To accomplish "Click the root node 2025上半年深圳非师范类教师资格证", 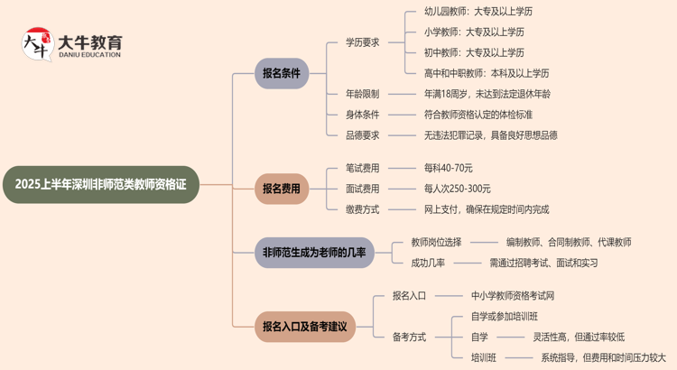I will point(100,184).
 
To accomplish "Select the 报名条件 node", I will point(282,73).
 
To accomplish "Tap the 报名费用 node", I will point(282,189).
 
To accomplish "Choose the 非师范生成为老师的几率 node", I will point(314,253).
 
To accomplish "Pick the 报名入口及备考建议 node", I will point(305,326).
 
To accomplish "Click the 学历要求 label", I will point(362,42).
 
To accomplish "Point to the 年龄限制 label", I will point(362,94).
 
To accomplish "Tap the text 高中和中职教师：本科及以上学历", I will point(487,73).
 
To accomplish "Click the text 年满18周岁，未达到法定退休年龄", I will point(487,94).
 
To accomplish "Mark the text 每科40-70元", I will point(449,168).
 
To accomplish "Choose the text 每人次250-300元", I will point(458,189).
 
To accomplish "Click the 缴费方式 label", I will point(362,209).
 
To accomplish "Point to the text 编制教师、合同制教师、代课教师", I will point(568,242).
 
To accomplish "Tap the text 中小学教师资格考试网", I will point(513,295).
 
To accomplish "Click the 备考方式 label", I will point(409,337).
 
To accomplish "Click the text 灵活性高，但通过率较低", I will point(579,337).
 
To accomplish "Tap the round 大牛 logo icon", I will point(37,43).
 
